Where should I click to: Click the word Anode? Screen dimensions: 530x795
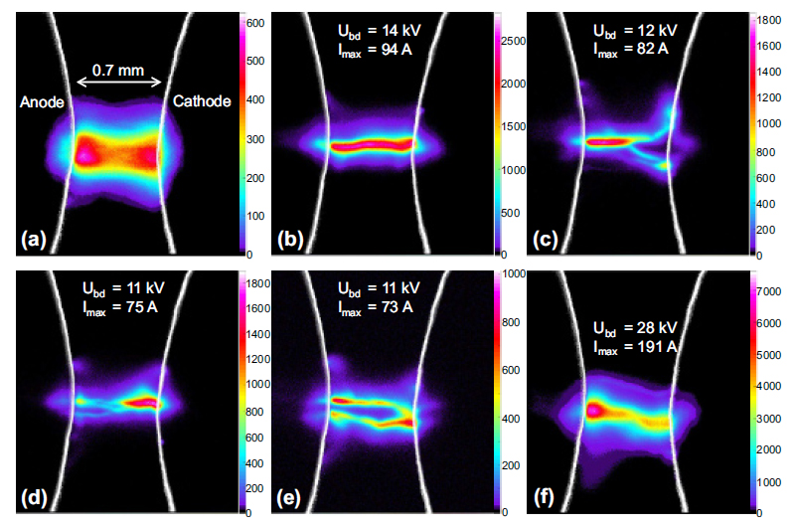(39, 101)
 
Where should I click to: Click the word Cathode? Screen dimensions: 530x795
(202, 101)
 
